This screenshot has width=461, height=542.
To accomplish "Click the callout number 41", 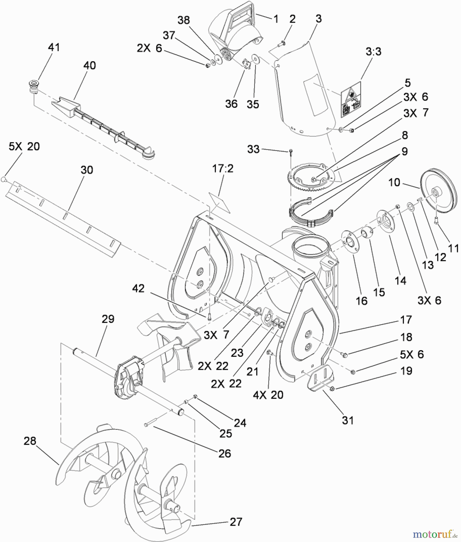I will [54, 47].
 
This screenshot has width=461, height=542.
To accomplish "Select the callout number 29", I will [108, 319].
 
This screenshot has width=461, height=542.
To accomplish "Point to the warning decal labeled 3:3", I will [351, 100].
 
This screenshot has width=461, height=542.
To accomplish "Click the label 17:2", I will [223, 169].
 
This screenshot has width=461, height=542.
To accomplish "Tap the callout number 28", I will [30, 441].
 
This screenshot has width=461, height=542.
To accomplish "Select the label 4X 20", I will [268, 394].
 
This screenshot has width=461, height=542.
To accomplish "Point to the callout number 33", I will [253, 149].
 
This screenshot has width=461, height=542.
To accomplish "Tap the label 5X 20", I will [24, 147].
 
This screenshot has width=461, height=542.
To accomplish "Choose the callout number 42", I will [138, 288].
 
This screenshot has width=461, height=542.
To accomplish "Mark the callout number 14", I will [400, 281].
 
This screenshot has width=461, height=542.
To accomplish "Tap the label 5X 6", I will [412, 354].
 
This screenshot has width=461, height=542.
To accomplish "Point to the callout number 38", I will [184, 20].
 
